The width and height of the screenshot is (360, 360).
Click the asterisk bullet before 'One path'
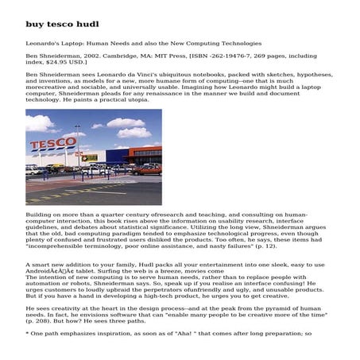pyautogui.click(x=28, y=334)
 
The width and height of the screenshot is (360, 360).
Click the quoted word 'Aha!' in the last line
pyautogui.click(x=161, y=334)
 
